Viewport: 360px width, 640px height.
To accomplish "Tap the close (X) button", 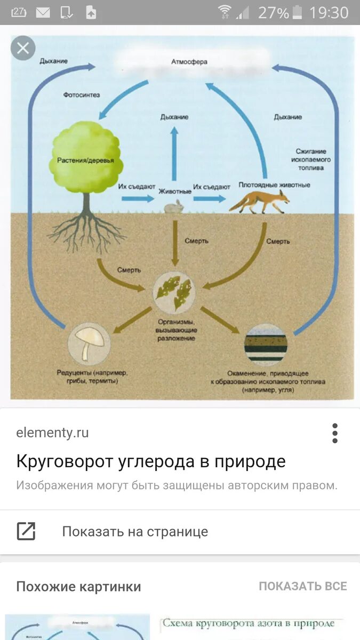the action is (x=23, y=48).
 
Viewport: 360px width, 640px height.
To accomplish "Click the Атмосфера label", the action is (x=189, y=62).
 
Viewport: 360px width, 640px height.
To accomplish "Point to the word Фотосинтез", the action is (x=81, y=95).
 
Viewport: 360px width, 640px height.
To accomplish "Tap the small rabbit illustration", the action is (x=174, y=207).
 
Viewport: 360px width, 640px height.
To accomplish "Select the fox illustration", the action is (x=260, y=202).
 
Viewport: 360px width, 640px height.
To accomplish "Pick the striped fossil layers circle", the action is (x=266, y=344).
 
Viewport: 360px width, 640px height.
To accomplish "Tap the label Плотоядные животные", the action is (x=274, y=185).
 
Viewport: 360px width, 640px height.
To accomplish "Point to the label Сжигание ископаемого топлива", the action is (x=311, y=159).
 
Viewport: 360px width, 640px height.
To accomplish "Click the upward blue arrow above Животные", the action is (x=174, y=152).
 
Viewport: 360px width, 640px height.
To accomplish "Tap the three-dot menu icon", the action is (x=335, y=433).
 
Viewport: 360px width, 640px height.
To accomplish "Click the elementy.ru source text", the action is (x=52, y=433).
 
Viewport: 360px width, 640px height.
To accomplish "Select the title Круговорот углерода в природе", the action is (x=151, y=461).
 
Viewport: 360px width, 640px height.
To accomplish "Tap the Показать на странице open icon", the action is (x=26, y=531).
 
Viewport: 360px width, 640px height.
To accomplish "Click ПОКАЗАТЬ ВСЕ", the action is (x=302, y=587).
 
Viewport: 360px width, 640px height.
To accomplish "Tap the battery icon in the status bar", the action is (x=298, y=12).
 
